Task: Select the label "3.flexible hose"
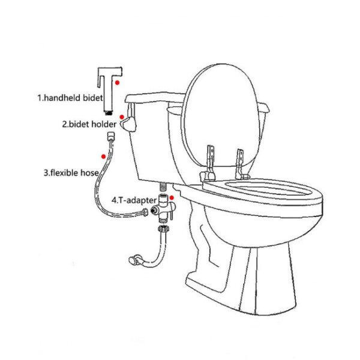tap(70, 173)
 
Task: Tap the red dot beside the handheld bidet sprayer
tap(119, 81)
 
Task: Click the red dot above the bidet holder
tap(122, 118)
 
